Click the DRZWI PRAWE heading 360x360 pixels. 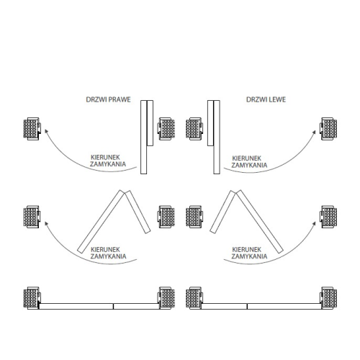click(x=108, y=99)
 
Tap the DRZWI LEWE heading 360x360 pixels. click(x=266, y=99)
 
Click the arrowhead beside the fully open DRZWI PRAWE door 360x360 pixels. click(x=46, y=131)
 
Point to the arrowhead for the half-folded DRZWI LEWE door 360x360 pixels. click(x=314, y=224)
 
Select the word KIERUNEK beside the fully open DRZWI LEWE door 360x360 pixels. click(x=247, y=158)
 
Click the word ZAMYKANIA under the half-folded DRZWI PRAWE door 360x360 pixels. click(x=108, y=256)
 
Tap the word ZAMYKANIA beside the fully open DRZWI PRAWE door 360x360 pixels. click(x=108, y=164)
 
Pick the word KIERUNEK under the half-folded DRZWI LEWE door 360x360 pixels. click(x=247, y=250)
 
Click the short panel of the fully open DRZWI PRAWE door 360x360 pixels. click(x=150, y=123)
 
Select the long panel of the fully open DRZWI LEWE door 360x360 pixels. click(x=217, y=137)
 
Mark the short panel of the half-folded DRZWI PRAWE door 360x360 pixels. click(x=138, y=212)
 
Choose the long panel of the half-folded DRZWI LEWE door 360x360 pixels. click(x=260, y=222)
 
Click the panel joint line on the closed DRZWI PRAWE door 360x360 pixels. click(x=113, y=306)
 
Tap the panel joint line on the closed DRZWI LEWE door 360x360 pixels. click(x=247, y=306)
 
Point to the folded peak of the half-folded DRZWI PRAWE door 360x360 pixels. click(x=125, y=192)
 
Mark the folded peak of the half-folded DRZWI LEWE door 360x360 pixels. click(x=235, y=192)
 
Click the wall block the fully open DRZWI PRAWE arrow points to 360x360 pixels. click(x=32, y=129)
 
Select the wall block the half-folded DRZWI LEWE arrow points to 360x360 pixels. click(x=328, y=217)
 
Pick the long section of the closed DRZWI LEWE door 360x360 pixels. click(x=284, y=306)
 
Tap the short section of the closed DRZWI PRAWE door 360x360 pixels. click(x=136, y=306)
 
